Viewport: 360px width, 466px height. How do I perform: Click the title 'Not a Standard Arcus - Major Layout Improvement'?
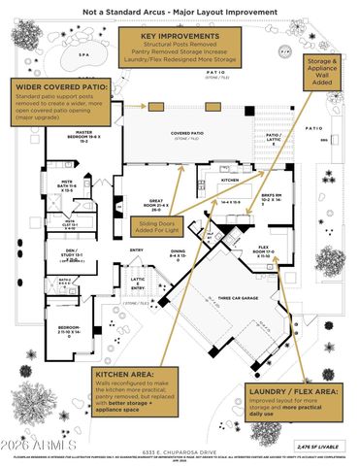[180, 12]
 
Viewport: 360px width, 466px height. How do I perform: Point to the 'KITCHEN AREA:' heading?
[129, 376]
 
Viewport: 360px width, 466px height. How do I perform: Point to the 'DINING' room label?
[179, 253]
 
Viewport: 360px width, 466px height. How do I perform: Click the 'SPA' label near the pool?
[56, 54]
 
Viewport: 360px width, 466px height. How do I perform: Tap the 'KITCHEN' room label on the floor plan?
[229, 182]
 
